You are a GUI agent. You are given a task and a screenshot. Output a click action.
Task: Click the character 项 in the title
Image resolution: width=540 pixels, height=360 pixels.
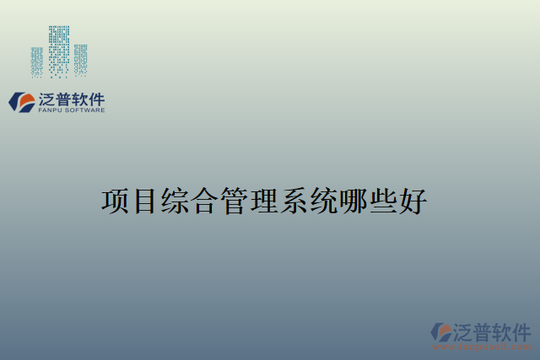pyautogui.click(x=116, y=202)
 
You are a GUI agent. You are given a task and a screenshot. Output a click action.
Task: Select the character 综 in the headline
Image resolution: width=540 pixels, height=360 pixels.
pyautogui.click(x=175, y=202)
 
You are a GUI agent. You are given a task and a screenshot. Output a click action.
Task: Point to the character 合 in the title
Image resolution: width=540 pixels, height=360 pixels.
pyautogui.click(x=204, y=202)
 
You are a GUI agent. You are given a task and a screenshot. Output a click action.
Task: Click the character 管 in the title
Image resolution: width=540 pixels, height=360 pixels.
pyautogui.click(x=234, y=202)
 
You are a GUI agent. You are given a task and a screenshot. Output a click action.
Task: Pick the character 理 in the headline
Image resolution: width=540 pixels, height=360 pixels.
pyautogui.click(x=263, y=202)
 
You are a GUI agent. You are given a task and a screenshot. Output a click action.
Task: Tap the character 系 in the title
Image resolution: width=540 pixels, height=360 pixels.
pyautogui.click(x=293, y=202)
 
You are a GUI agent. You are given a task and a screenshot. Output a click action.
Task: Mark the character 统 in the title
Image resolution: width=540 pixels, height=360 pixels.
pyautogui.click(x=322, y=202)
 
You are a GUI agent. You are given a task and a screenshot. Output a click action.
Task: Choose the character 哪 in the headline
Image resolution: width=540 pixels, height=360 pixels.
pyautogui.click(x=353, y=202)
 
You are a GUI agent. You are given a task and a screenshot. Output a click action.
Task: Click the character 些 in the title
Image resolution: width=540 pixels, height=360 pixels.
pyautogui.click(x=382, y=202)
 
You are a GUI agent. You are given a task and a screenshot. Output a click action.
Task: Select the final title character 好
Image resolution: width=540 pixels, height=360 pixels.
pyautogui.click(x=412, y=202)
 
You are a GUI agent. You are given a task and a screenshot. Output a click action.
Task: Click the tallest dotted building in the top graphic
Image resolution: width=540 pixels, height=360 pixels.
pyautogui.click(x=59, y=51)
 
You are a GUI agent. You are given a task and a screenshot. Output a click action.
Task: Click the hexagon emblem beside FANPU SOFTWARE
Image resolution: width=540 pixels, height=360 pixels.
pyautogui.click(x=22, y=102)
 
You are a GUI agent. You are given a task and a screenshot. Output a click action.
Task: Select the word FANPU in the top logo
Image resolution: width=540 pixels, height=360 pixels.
pyautogui.click(x=51, y=110)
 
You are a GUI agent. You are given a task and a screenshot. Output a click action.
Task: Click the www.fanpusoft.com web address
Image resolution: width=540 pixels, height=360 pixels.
pyautogui.click(x=482, y=347)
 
